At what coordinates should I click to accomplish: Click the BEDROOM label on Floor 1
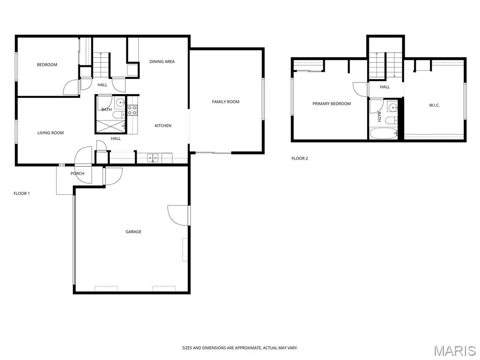click(x=47, y=65)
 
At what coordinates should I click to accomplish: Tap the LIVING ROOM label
click(x=51, y=133)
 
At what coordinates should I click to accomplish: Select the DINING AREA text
click(x=162, y=61)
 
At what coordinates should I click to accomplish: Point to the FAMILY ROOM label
click(x=225, y=102)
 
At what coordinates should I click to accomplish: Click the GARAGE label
click(x=134, y=232)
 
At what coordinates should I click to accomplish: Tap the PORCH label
click(x=77, y=173)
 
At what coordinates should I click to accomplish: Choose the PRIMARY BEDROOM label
click(x=331, y=104)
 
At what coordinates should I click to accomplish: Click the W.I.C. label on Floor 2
click(x=435, y=105)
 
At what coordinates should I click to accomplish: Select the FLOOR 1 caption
click(x=22, y=194)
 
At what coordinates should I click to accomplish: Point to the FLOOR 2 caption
click(x=300, y=158)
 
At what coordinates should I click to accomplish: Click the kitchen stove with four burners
click(x=132, y=110)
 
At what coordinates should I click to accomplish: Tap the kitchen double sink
click(x=152, y=158)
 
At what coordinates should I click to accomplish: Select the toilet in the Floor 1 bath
click(x=118, y=115)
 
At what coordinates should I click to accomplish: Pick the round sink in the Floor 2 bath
click(x=392, y=107)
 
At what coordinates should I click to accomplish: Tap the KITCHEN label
click(x=163, y=126)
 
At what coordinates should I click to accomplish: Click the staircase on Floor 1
click(x=101, y=65)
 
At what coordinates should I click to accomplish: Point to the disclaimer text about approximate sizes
click(x=240, y=348)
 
